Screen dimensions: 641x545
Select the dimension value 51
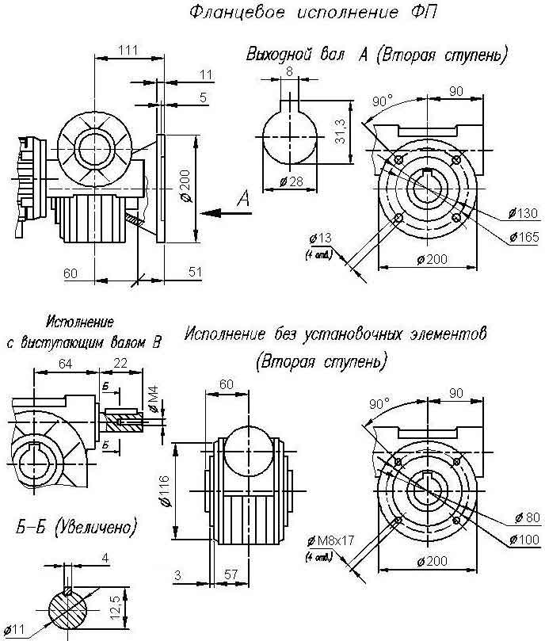194,272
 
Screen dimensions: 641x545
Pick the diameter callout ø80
524,517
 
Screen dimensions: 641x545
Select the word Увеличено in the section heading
96,527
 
